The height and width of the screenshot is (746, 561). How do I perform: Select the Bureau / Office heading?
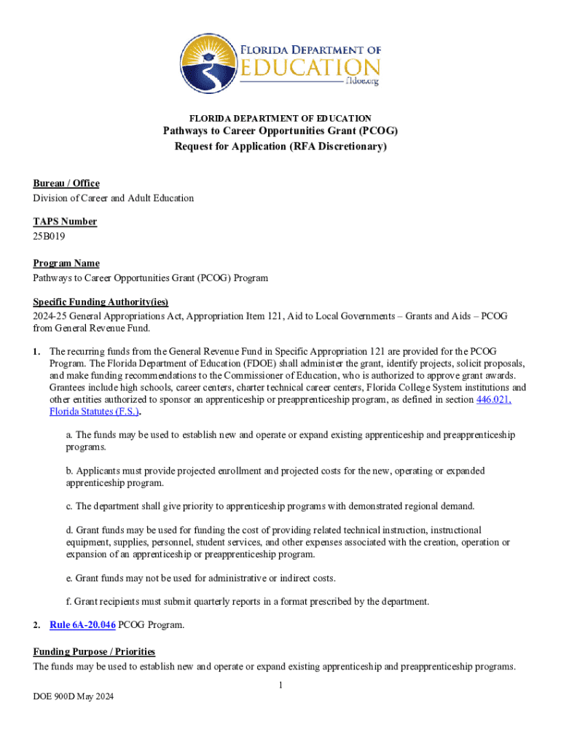click(66, 184)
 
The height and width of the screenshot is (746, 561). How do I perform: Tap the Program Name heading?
click(66, 264)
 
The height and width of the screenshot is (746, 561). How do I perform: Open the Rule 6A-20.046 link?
click(82, 625)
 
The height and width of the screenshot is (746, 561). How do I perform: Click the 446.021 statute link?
click(493, 400)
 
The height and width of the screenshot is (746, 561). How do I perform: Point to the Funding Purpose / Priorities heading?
click(94, 652)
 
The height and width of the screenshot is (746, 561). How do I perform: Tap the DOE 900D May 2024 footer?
click(73, 697)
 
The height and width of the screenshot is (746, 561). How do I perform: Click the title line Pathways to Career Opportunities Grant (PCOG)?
click(280, 131)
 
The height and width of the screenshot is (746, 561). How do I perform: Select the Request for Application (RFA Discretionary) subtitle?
click(280, 146)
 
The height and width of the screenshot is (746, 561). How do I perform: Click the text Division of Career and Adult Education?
click(113, 198)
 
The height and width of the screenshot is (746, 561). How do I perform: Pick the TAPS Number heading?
click(65, 222)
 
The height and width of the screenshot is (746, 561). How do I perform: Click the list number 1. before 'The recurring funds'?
click(36, 351)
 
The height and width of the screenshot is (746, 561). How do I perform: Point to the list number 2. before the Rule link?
click(36, 625)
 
